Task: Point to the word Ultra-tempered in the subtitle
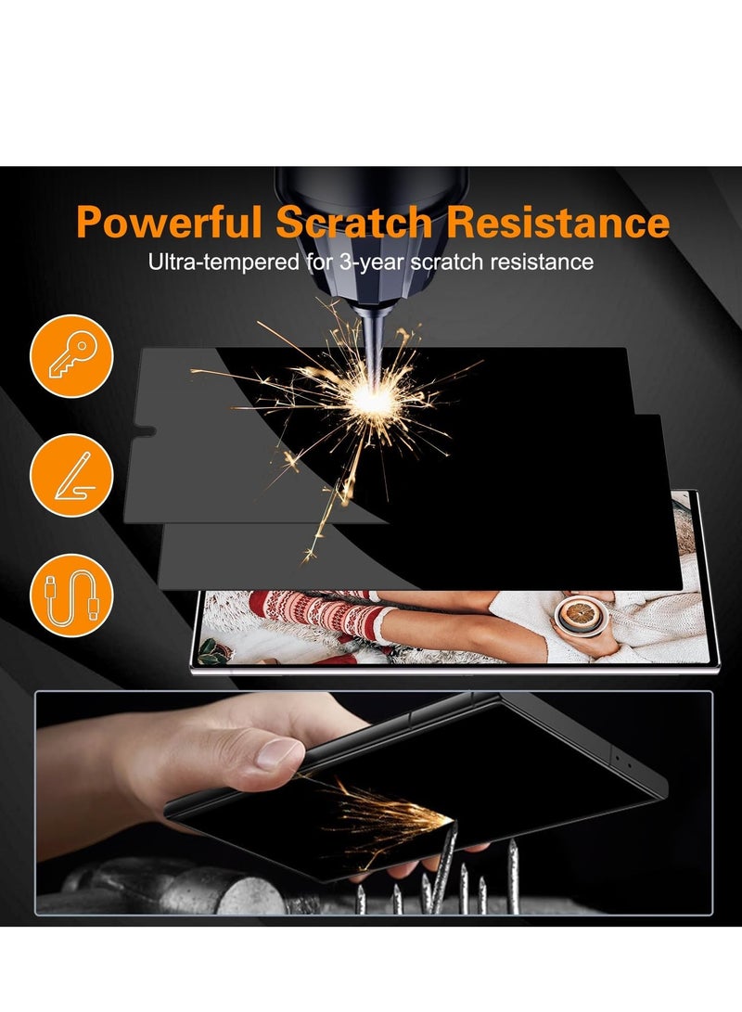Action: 224,263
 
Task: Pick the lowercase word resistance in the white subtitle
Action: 541,263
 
